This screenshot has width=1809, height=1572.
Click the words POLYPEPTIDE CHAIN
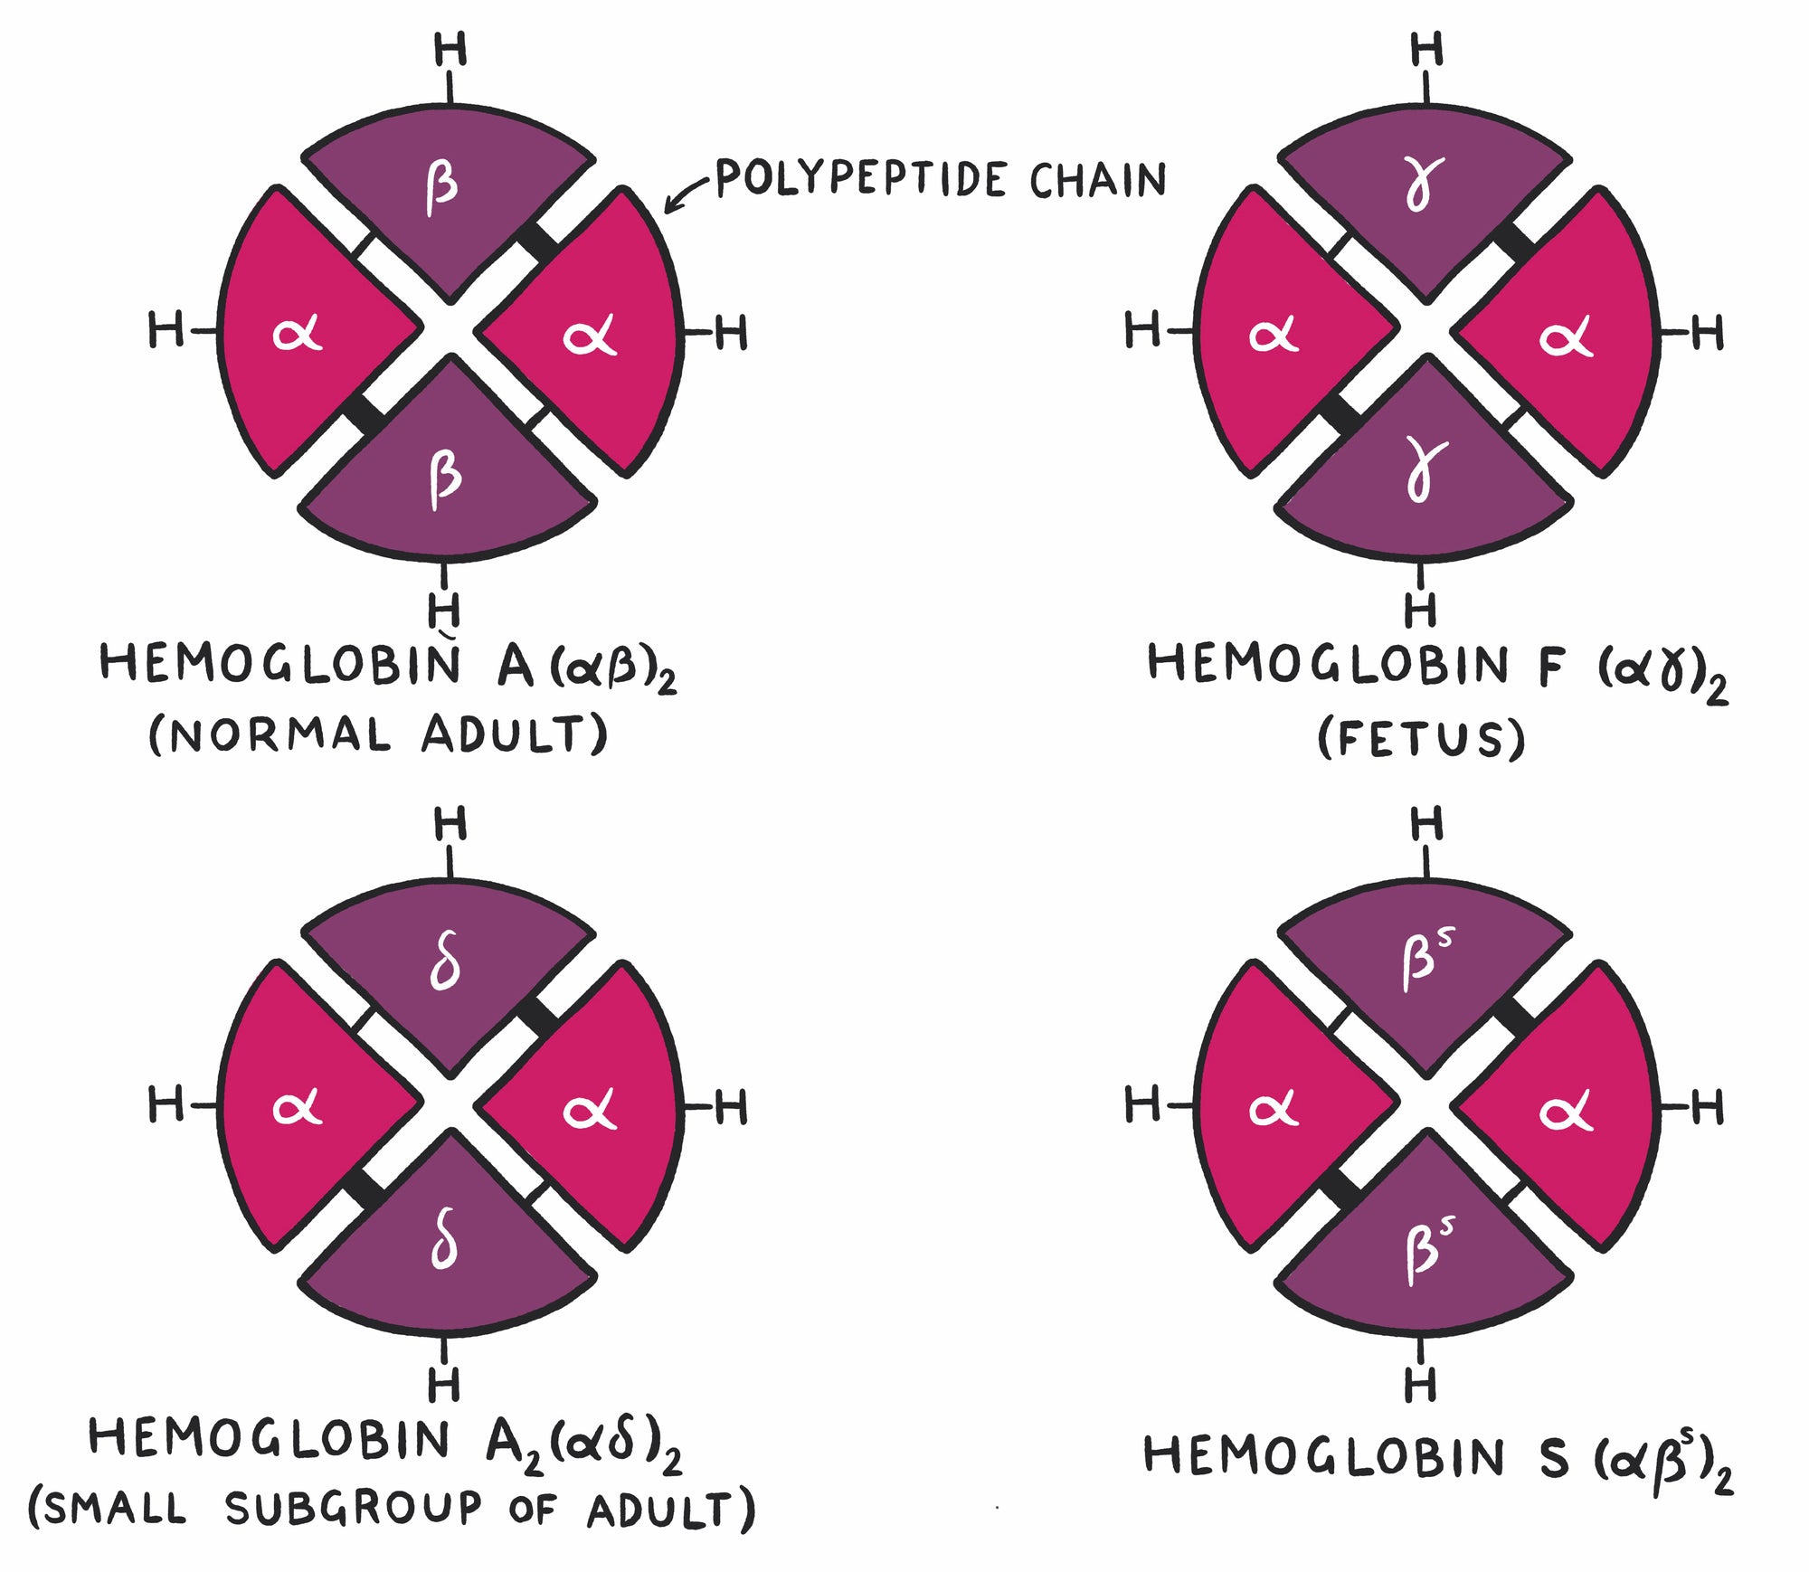[941, 179]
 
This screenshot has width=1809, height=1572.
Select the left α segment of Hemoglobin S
[1275, 1107]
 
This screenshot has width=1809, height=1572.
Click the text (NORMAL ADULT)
[378, 734]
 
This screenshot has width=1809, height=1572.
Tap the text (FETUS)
[1421, 739]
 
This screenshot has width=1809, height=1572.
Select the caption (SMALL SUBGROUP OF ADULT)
[391, 1509]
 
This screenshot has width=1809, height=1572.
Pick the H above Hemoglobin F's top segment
[1427, 49]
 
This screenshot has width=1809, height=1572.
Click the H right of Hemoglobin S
[1707, 1107]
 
